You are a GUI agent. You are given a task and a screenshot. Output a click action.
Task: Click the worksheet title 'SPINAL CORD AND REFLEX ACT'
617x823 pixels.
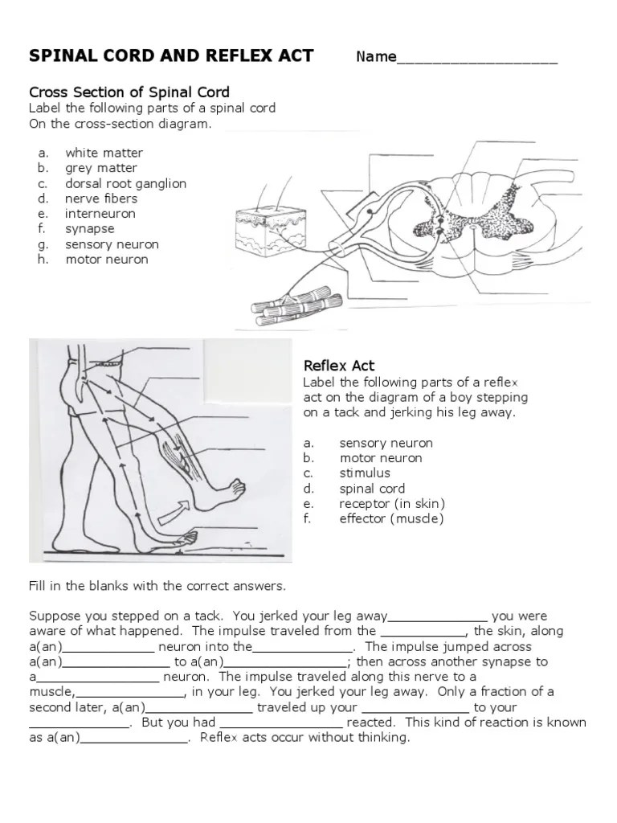click(171, 55)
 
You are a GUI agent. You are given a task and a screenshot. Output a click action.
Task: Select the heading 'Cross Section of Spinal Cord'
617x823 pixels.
click(129, 92)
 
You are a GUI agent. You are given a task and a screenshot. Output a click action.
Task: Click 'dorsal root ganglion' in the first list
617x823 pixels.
click(125, 183)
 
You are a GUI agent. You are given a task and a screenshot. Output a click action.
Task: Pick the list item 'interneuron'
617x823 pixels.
click(100, 214)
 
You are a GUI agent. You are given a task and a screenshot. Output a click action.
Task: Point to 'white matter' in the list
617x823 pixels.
click(104, 153)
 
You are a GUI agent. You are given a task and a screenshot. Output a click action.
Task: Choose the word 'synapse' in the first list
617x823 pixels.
click(90, 229)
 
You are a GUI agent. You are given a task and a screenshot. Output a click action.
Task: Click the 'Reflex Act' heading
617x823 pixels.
click(339, 366)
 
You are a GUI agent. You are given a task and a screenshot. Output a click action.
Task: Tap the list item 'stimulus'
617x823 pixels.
click(364, 473)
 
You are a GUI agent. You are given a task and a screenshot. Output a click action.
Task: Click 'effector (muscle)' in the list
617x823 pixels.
click(391, 519)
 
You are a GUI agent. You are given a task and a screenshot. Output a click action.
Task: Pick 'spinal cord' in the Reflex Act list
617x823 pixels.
click(372, 489)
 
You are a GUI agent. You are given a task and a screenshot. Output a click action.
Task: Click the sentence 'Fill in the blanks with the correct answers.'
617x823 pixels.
click(157, 586)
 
